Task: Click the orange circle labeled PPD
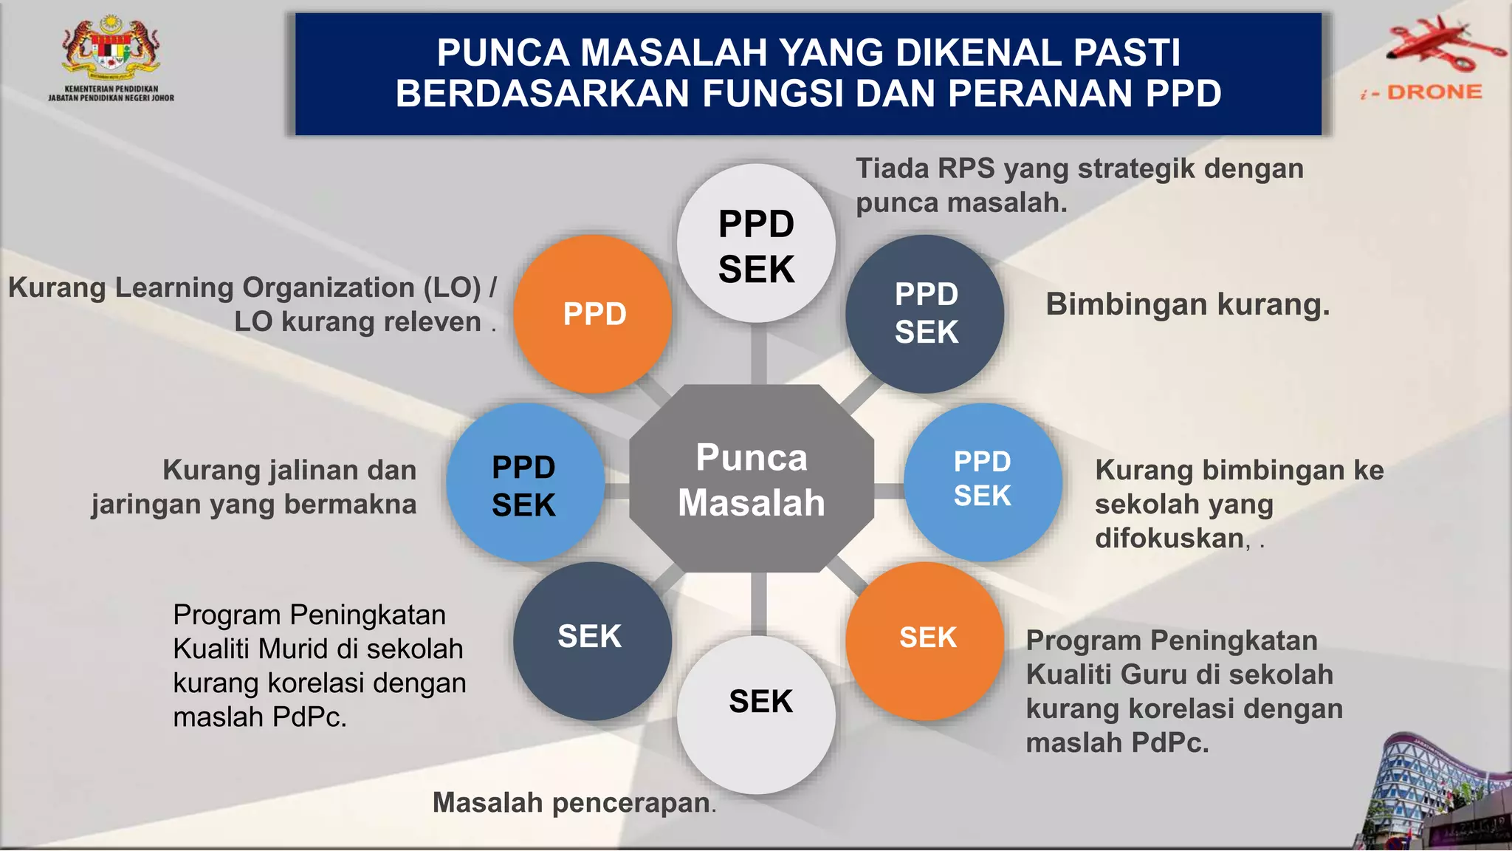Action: point(593,314)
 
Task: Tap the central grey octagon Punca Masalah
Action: point(752,479)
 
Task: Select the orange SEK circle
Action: point(925,640)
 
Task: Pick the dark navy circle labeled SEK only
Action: point(592,640)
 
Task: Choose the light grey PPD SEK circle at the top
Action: point(757,244)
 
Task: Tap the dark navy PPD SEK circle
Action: point(925,314)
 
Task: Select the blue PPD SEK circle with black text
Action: point(525,482)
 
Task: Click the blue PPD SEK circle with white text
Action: point(983,481)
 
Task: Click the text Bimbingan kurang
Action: point(1187,304)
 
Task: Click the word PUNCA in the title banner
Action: point(503,53)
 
